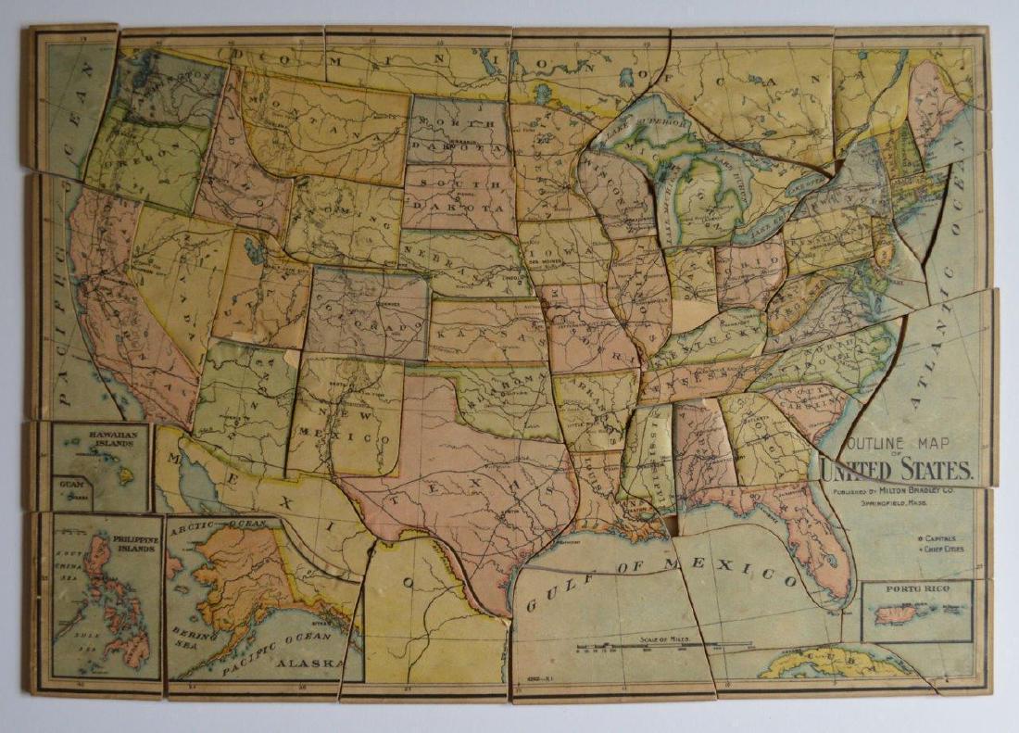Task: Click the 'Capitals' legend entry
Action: click(x=938, y=537)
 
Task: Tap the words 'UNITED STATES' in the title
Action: click(x=896, y=470)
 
